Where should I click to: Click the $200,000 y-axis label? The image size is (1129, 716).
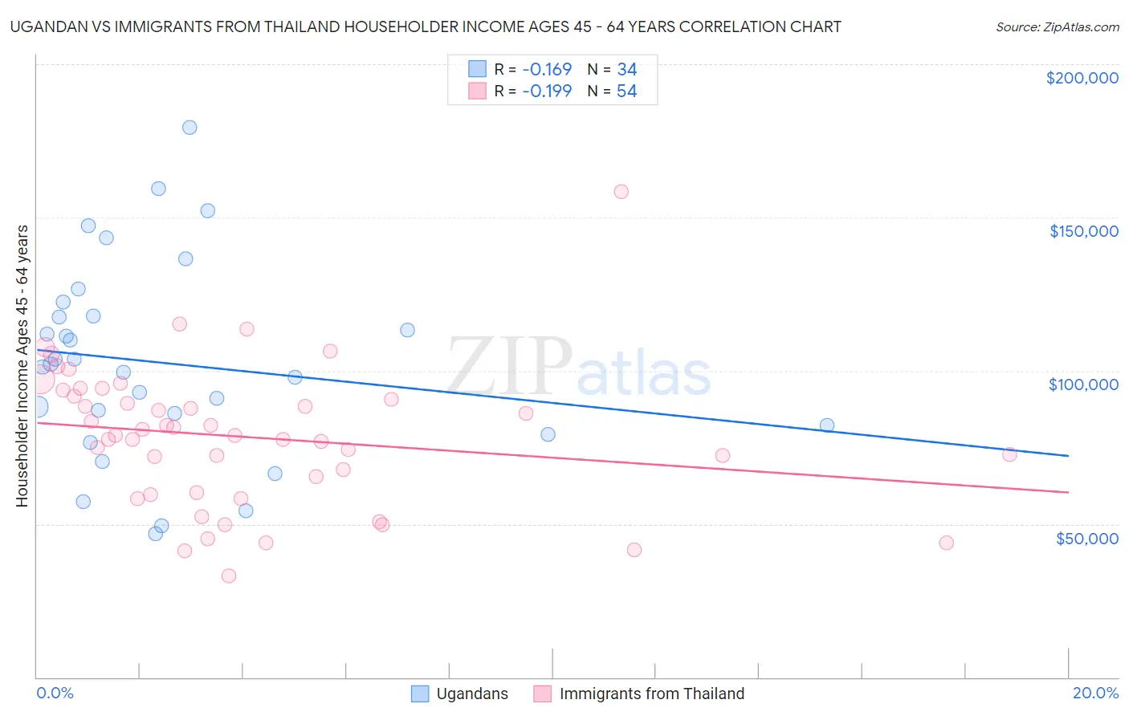click(x=1082, y=78)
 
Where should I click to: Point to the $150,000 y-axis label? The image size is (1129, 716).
click(x=1083, y=231)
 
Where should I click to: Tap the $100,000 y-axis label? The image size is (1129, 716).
click(x=1083, y=384)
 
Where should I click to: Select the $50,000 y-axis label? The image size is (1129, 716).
click(x=1086, y=539)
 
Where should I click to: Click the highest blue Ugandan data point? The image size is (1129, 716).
click(x=190, y=127)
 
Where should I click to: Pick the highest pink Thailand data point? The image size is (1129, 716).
click(x=621, y=192)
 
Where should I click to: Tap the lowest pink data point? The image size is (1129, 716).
click(x=229, y=576)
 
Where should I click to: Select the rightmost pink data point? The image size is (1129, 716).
click(x=1010, y=454)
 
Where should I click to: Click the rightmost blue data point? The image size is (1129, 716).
click(x=827, y=425)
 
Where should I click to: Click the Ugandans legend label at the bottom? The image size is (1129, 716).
click(x=472, y=694)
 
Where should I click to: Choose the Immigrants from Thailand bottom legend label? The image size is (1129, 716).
click(x=651, y=694)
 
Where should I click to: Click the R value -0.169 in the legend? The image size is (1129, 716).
click(x=547, y=70)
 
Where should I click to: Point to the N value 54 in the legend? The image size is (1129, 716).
click(x=626, y=92)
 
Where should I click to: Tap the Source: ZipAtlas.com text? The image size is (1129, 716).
click(x=1057, y=26)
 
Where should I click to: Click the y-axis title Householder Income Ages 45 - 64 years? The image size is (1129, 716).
click(x=22, y=366)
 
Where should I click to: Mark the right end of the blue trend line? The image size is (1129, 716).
click(x=1068, y=456)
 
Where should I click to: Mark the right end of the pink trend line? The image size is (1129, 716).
click(x=1068, y=492)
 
